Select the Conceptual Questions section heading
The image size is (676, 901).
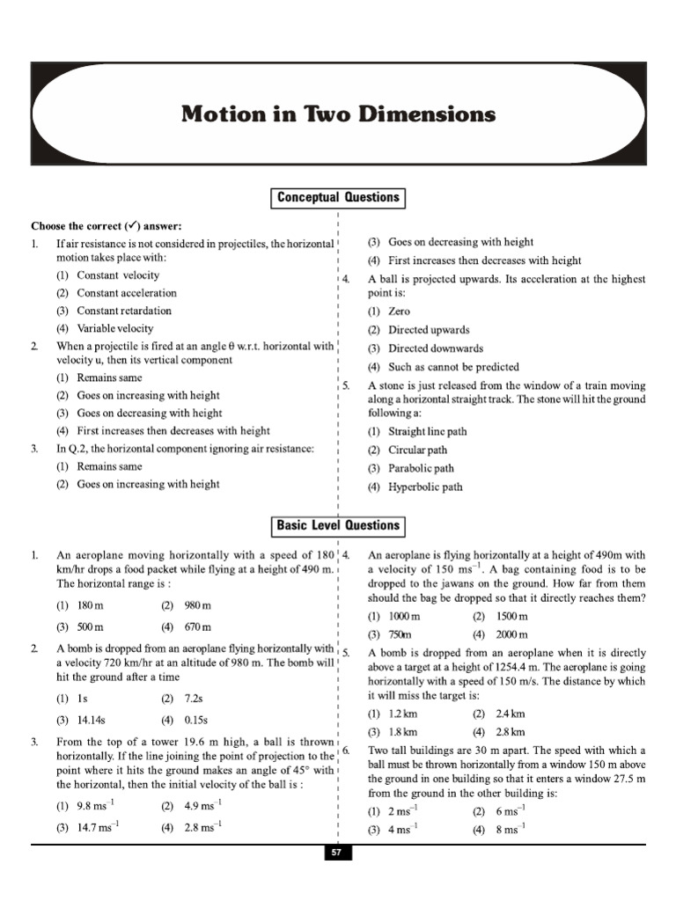click(x=337, y=198)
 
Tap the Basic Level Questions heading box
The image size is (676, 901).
click(x=337, y=526)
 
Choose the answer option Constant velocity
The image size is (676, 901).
click(x=118, y=275)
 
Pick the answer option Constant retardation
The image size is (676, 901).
click(x=124, y=311)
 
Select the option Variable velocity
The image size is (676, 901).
click(x=114, y=328)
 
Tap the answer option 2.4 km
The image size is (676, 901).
click(x=511, y=714)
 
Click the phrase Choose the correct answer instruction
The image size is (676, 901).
click(x=107, y=225)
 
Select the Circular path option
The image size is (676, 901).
click(x=417, y=450)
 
